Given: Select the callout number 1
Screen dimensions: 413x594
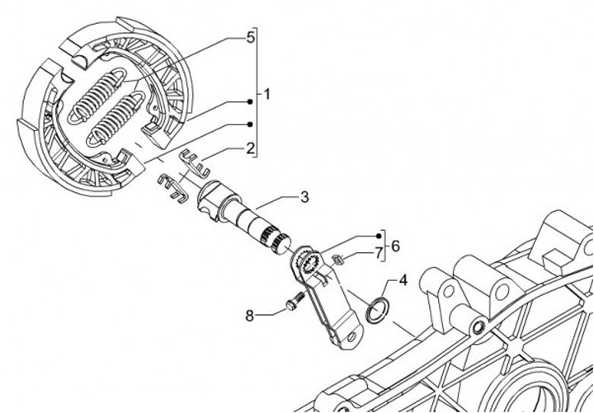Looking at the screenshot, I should [266, 95].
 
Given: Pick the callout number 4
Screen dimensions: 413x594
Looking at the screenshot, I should [403, 280].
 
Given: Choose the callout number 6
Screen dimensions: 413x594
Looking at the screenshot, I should [395, 246].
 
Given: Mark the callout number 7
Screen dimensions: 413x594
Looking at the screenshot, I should [379, 252].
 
